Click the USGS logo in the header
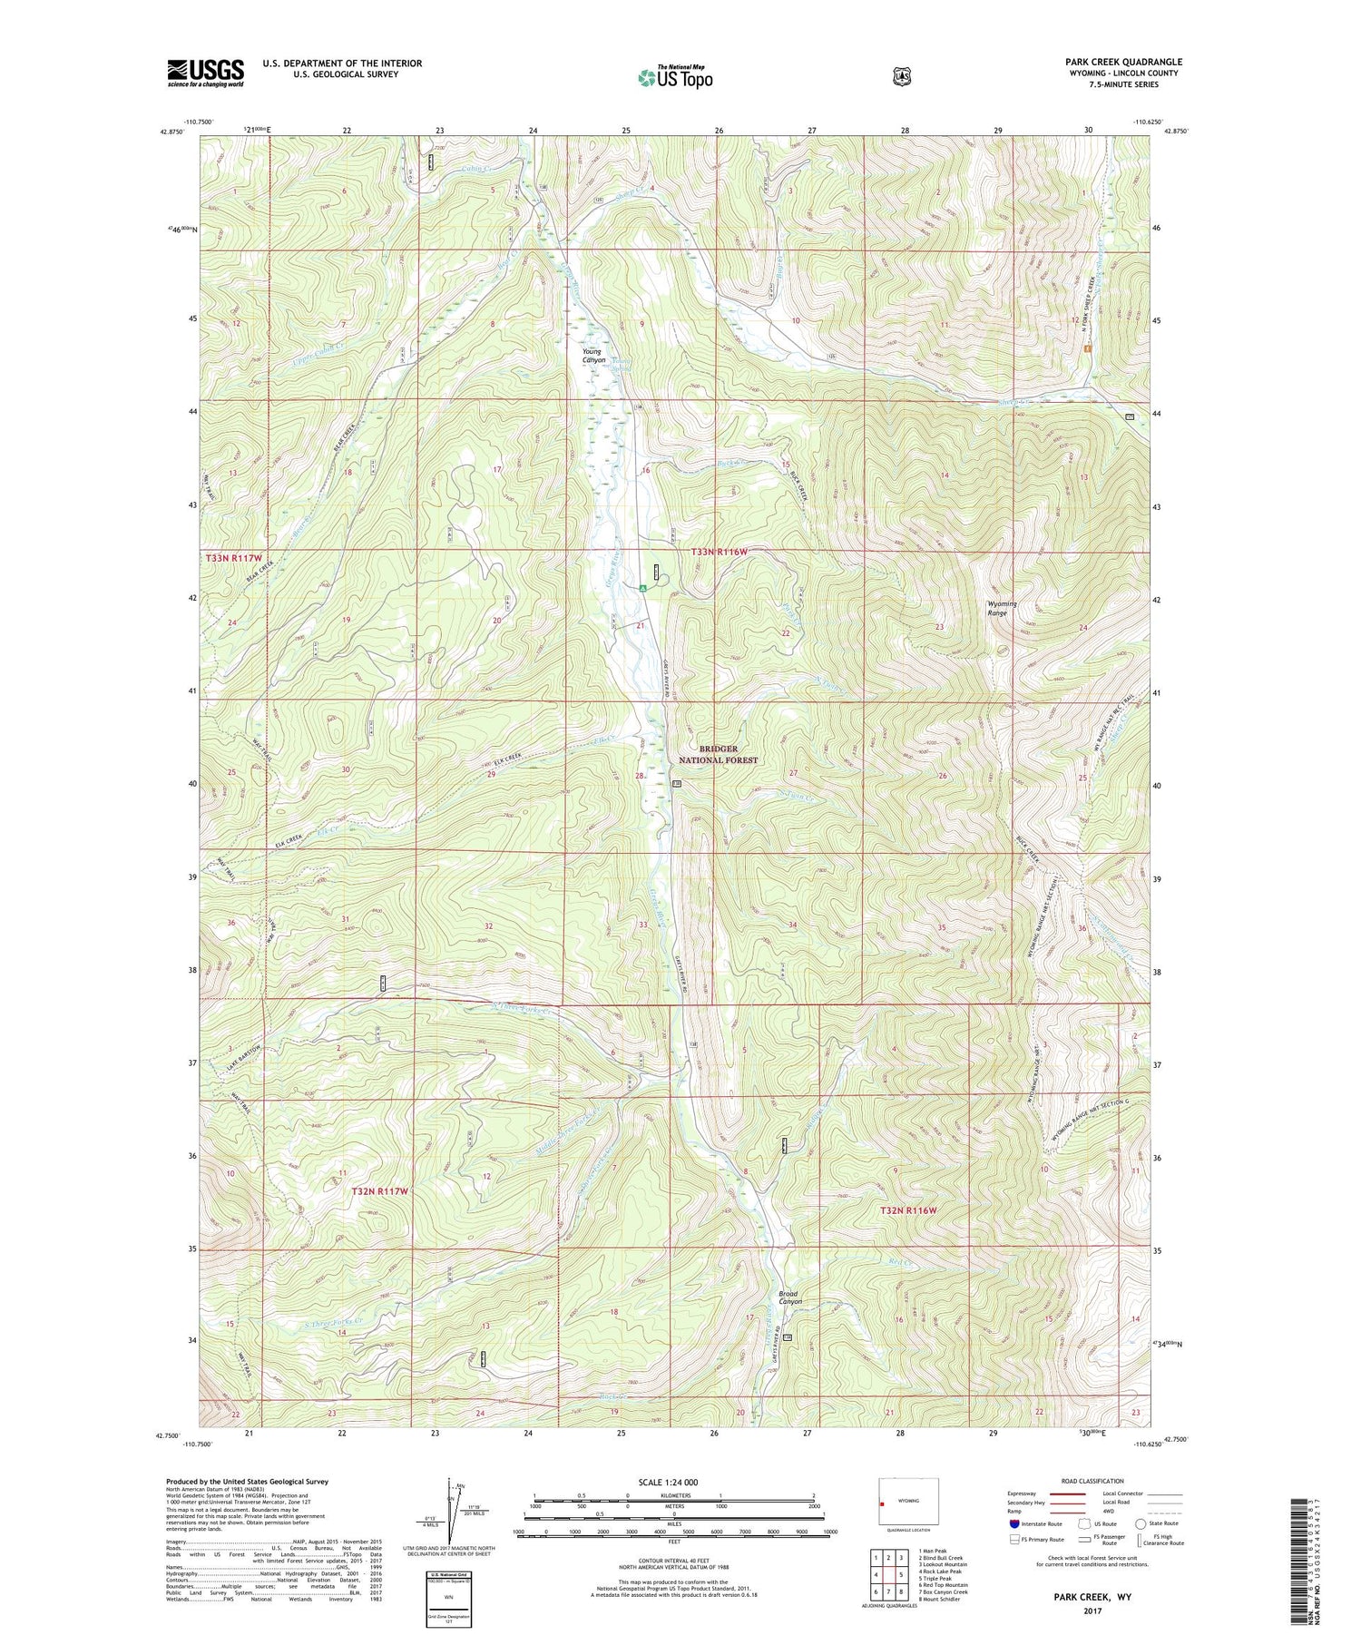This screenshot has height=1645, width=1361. (x=205, y=73)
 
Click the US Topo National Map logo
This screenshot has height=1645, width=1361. (x=675, y=76)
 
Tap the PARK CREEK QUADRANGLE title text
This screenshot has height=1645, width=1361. (x=1123, y=62)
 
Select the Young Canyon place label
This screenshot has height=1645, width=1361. (x=593, y=356)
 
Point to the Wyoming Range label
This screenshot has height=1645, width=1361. (x=1002, y=608)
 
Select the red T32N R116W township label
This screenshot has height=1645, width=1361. (x=907, y=1210)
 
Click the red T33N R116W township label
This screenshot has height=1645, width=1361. (x=720, y=552)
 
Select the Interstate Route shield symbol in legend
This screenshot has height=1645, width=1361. (x=1014, y=1523)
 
